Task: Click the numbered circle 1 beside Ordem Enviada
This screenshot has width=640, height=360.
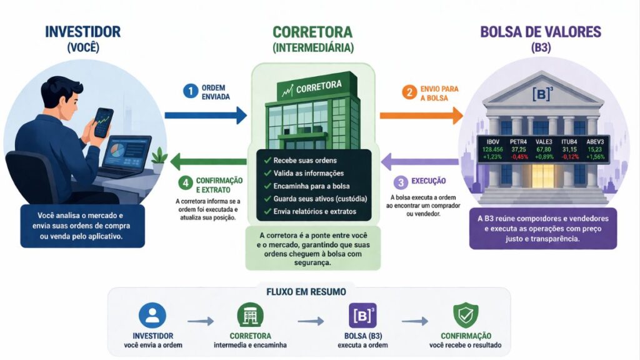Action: (190, 91)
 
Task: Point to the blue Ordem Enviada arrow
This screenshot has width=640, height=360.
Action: (206, 115)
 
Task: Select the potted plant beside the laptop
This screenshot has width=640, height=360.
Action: (159, 157)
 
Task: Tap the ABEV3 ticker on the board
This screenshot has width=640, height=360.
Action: (594, 141)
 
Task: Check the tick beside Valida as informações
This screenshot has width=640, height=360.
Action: (267, 172)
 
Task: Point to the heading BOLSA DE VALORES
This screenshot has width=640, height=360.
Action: (541, 32)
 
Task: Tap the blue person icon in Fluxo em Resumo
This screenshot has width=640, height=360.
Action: (152, 316)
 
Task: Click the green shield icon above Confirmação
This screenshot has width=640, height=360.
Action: (465, 316)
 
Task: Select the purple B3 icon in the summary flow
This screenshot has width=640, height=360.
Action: (362, 316)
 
